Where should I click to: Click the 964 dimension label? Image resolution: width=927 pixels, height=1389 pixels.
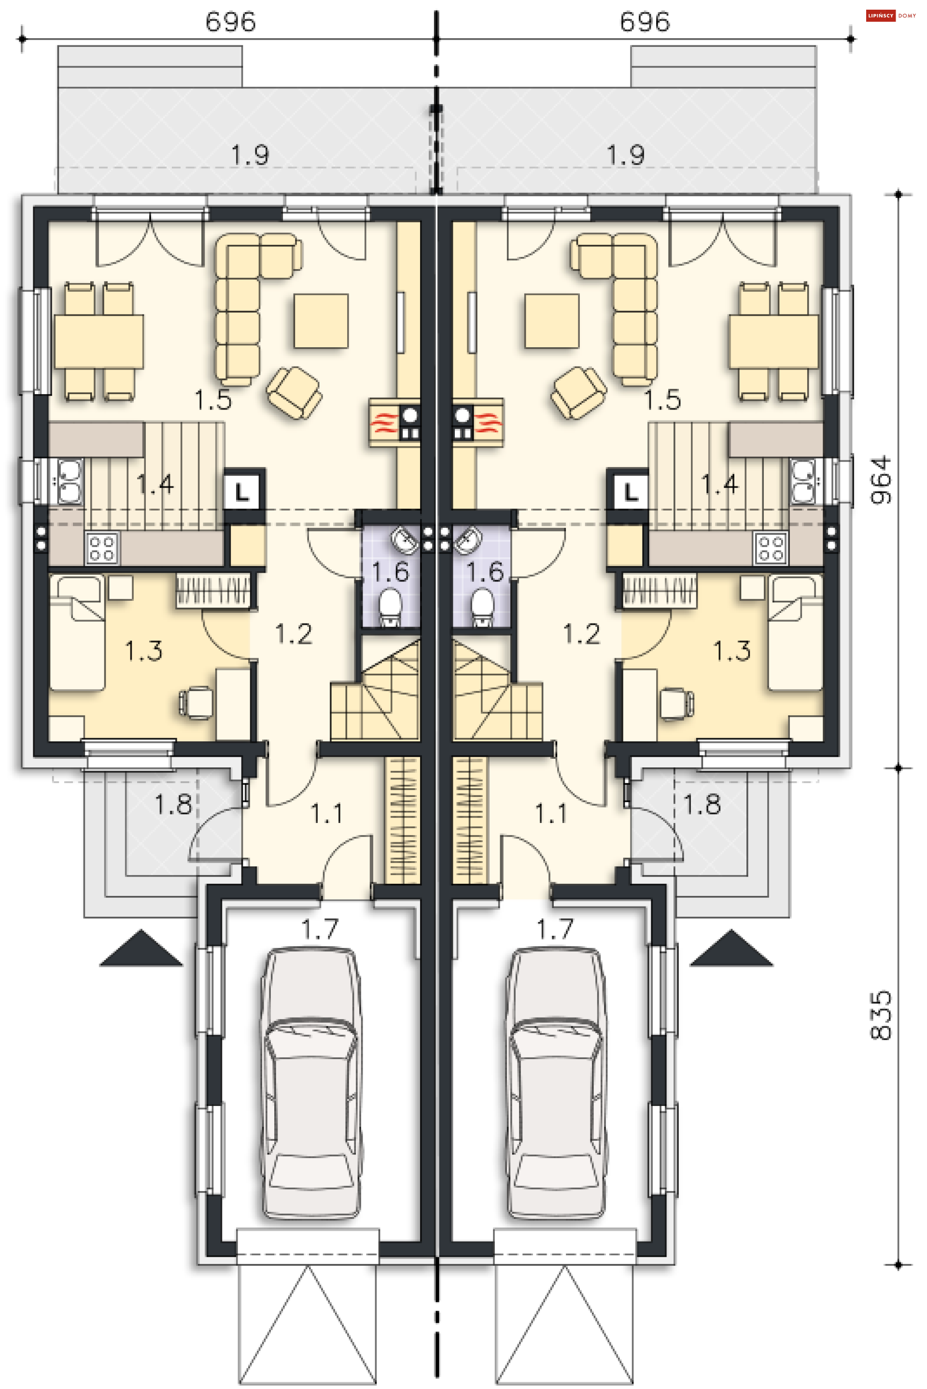pyautogui.click(x=880, y=480)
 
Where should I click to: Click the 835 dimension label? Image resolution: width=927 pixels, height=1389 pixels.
pyautogui.click(x=880, y=1015)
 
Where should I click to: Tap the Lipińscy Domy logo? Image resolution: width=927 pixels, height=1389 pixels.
pyautogui.click(x=891, y=16)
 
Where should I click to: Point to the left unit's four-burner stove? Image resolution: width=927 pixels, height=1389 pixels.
pyautogui.click(x=102, y=548)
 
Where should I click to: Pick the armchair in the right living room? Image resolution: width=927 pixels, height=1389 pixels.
pyautogui.click(x=578, y=393)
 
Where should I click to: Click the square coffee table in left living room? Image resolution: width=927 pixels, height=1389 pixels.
pyautogui.click(x=321, y=321)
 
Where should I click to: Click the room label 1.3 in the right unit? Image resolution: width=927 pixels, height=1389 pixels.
pyautogui.click(x=732, y=651)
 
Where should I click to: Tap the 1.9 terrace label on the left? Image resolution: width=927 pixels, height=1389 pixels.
pyautogui.click(x=250, y=155)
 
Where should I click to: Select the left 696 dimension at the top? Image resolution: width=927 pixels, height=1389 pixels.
pyautogui.click(x=231, y=22)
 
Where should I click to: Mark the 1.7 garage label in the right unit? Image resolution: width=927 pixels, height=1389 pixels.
pyautogui.click(x=555, y=929)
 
